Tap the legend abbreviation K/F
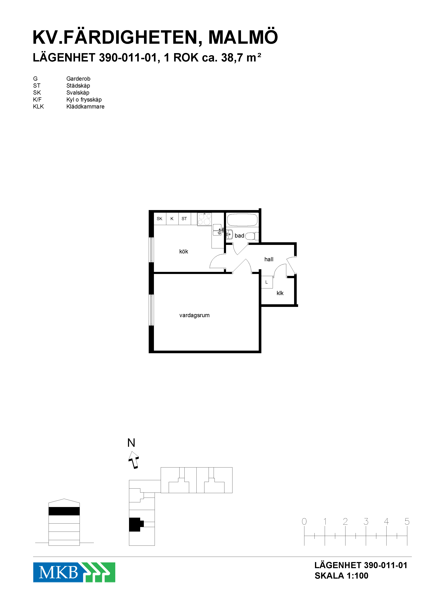point(37,99)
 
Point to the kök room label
point(184,252)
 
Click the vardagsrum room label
point(194,315)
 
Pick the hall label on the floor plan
point(269,259)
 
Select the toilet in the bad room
point(252,236)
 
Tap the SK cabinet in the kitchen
point(160,219)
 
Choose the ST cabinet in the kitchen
point(184,219)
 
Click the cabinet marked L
point(267,282)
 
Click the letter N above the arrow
point(131,443)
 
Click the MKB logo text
point(59,572)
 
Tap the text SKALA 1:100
point(341,576)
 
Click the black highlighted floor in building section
point(64,511)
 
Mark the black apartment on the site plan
point(136,524)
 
